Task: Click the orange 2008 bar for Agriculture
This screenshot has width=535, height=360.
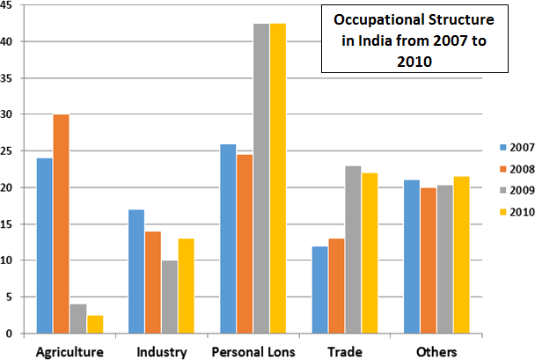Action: (x=62, y=224)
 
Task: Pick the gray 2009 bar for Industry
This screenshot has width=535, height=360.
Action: (x=169, y=297)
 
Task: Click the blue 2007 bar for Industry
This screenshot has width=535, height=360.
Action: (x=136, y=271)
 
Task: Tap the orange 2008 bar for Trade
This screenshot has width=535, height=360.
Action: (x=336, y=285)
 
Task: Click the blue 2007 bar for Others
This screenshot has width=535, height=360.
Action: (x=410, y=256)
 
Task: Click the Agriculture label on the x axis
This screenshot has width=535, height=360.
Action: (x=70, y=352)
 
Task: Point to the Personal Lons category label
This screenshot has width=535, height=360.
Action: (x=253, y=352)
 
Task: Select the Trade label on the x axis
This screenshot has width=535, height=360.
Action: (x=344, y=352)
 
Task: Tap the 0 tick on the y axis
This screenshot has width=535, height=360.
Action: (x=9, y=334)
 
